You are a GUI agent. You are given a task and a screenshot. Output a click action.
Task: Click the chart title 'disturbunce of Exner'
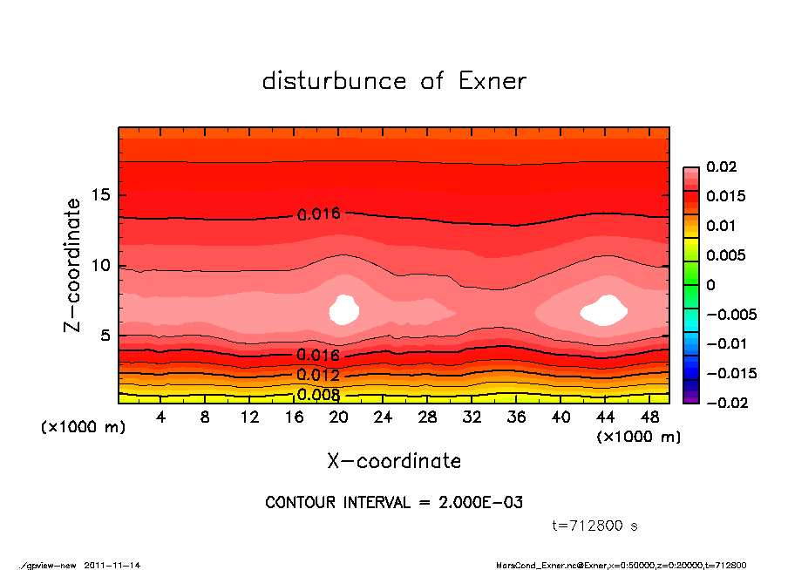(394, 81)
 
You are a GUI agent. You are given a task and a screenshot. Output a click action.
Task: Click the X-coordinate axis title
(394, 460)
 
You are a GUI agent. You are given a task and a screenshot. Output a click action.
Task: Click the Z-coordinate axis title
(73, 265)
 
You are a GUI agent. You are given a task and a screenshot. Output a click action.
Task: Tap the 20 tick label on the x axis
(339, 417)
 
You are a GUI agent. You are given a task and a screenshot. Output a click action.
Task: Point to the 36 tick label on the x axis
(517, 417)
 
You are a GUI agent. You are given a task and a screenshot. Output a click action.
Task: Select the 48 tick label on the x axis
(650, 417)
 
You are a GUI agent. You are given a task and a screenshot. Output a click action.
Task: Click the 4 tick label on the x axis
(161, 417)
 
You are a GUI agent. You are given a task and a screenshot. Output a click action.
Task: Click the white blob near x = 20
(345, 309)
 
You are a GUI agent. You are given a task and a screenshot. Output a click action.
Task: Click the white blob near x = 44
(604, 309)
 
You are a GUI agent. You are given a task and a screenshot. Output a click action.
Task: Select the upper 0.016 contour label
(318, 214)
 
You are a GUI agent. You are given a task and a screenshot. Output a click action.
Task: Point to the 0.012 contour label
(318, 375)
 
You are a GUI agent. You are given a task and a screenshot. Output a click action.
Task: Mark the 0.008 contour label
(318, 394)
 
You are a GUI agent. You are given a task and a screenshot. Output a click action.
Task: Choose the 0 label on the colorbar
(710, 285)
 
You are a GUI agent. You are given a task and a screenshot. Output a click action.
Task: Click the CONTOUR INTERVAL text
(394, 503)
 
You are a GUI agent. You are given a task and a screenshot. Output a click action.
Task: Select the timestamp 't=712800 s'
(596, 526)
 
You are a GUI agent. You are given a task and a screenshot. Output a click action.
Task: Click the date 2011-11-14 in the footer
(112, 565)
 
